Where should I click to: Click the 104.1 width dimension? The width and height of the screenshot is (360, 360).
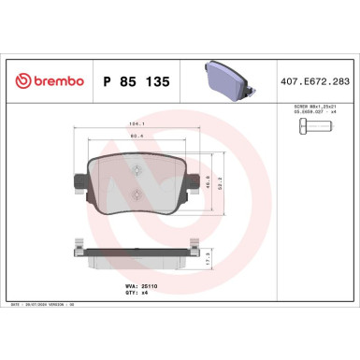tap(137, 124)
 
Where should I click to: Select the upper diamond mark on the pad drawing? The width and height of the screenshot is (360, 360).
tap(137, 170)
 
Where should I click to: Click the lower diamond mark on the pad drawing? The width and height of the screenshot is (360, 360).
tap(137, 194)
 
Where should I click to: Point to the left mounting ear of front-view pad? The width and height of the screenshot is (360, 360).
tap(75, 180)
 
